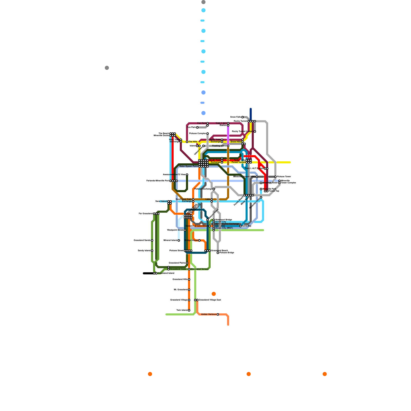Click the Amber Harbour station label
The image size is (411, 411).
point(209,314)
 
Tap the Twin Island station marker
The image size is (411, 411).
point(189,310)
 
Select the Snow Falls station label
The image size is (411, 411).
point(235,117)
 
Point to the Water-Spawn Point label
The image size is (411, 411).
point(188,166)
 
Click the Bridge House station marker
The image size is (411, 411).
point(199,240)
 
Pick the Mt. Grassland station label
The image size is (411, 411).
point(181,290)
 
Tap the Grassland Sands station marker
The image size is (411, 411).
point(152,240)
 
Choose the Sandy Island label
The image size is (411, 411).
point(144,251)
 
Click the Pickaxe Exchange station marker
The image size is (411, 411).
point(214,189)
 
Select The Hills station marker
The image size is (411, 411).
point(187,142)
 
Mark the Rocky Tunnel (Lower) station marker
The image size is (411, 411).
point(255,132)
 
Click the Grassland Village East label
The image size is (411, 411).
point(210,300)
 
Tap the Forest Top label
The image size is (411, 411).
point(274,191)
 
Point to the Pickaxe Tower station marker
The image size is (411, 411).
point(275,177)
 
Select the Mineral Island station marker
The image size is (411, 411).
point(179,240)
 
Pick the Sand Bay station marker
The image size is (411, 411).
point(240,226)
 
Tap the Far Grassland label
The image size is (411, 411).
point(145,214)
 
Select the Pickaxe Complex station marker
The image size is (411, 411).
point(208,134)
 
